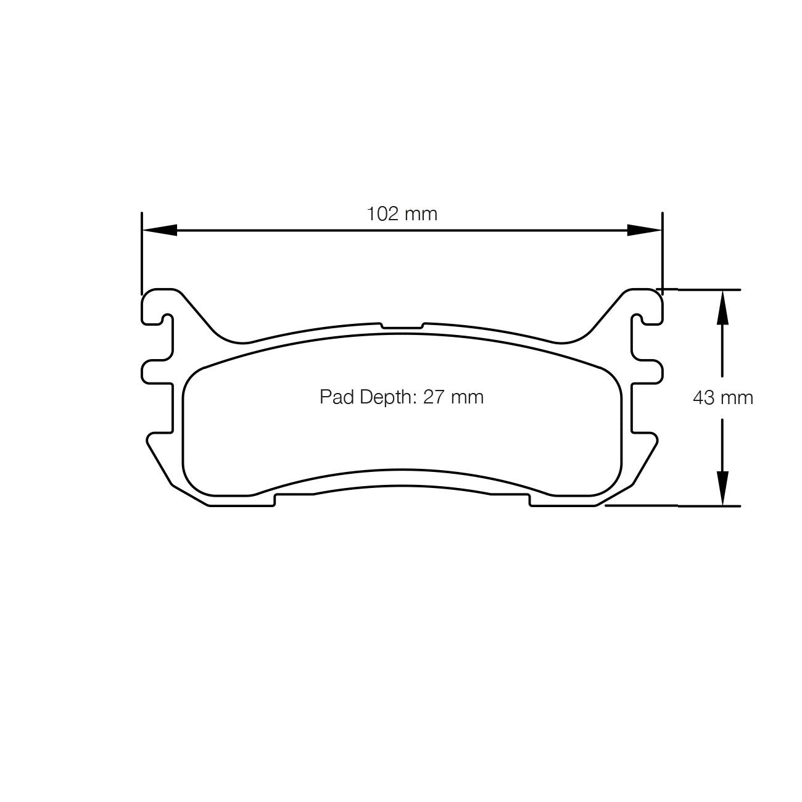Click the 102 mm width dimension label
pos(402,214)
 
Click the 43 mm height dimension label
pos(723,398)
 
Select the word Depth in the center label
pos(383,398)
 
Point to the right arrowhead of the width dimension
pos(645,230)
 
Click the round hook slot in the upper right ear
pos(639,320)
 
